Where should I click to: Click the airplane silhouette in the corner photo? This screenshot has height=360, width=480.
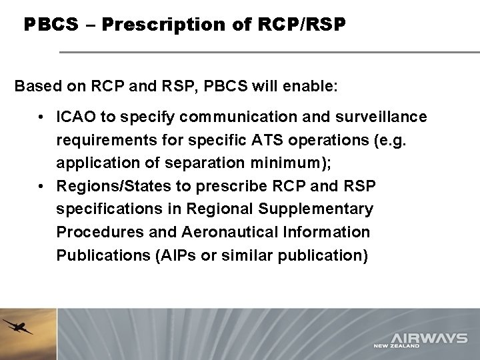pos(17,327)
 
